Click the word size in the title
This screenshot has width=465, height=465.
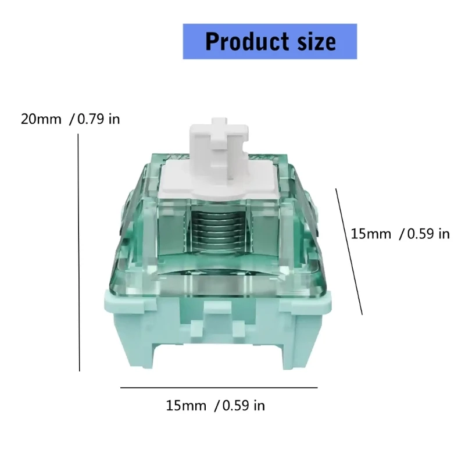tap(317, 41)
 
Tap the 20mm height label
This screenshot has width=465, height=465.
tap(41, 119)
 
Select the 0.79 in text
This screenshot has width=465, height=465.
tap(99, 119)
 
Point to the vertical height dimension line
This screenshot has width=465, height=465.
tap(79, 252)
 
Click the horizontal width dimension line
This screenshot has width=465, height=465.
tap(219, 387)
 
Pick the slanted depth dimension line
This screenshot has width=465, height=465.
tap(349, 252)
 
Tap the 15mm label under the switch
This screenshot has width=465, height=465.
tap(186, 405)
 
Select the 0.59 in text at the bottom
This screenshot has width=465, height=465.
tap(244, 405)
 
